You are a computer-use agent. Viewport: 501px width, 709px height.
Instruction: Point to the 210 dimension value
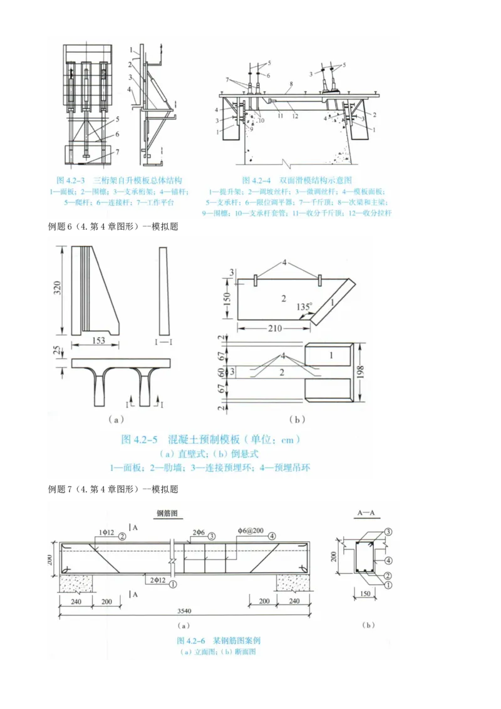274,328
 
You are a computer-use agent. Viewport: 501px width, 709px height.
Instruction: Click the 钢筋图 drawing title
168,512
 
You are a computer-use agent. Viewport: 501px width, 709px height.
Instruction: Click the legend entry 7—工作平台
153,203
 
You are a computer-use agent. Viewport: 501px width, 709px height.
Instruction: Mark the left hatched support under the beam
76,585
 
